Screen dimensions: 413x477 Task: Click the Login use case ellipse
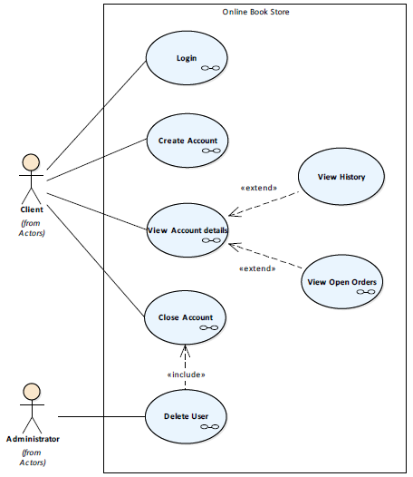tap(187, 58)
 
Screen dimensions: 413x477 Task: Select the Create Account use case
tap(187, 141)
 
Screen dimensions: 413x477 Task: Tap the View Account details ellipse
tap(187, 230)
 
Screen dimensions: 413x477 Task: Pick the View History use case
tap(341, 177)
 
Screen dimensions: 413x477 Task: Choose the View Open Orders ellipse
tap(341, 282)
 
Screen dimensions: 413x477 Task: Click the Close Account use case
tap(186, 317)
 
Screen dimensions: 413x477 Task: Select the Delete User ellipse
tap(186, 416)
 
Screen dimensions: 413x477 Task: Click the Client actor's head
tap(31, 162)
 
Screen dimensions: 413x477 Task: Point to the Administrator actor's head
tap(32, 392)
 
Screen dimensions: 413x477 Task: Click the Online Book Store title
tap(256, 12)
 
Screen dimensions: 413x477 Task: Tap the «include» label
tap(187, 375)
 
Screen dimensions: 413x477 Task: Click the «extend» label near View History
tap(259, 188)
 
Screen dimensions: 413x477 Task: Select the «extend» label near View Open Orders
tap(258, 268)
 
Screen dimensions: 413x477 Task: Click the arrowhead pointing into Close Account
tap(185, 350)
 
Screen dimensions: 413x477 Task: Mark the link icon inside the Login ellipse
tap(210, 68)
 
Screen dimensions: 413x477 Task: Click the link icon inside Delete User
tap(210, 427)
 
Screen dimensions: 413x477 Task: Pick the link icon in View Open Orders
tap(366, 292)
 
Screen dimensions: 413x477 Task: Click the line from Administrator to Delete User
tap(101, 416)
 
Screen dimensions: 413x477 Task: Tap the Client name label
tap(32, 209)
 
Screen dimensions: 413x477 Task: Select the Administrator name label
tap(33, 439)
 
